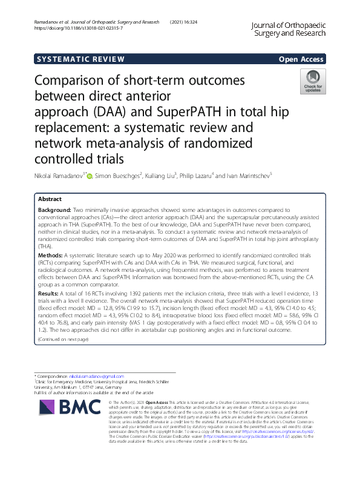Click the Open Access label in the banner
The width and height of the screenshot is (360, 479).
pyautogui.click(x=300, y=59)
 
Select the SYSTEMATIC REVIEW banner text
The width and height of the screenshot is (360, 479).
pyautogui.click(x=80, y=59)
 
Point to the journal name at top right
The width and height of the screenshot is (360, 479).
pyautogui.click(x=290, y=28)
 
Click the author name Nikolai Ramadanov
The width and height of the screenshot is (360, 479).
pyautogui.click(x=57, y=176)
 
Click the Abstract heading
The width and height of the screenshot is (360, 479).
pyautogui.click(x=50, y=199)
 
